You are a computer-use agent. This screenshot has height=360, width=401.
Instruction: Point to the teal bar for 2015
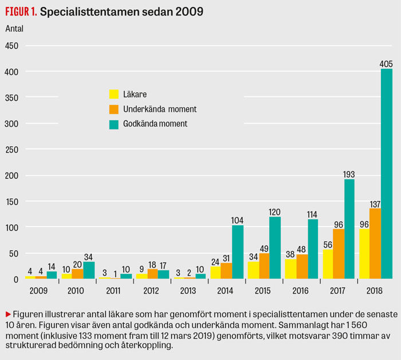coord(276,248)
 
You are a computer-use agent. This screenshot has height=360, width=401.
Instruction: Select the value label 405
coord(387,64)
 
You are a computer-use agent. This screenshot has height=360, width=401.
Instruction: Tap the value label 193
coord(349,174)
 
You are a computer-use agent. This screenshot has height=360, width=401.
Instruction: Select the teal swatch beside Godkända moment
coord(113,123)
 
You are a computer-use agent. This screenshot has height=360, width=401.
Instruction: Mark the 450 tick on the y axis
coord(12,46)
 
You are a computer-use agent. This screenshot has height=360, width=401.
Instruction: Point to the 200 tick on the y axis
coord(12,175)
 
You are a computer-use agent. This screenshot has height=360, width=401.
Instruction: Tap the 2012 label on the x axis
coord(151,290)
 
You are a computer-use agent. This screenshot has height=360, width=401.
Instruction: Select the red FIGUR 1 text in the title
coord(21,11)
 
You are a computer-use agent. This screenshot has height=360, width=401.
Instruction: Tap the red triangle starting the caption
coord(8,314)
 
